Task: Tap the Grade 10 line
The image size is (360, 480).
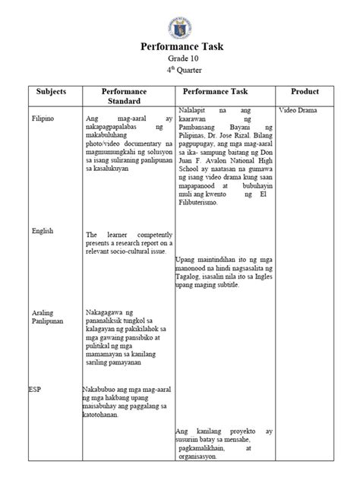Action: tap(180, 60)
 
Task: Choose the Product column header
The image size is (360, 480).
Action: tap(304, 91)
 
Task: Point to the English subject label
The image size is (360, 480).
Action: tap(43, 231)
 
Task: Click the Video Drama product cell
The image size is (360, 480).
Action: tap(298, 111)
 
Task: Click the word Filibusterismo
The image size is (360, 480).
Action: tap(199, 204)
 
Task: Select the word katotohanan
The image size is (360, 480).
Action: tap(106, 415)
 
